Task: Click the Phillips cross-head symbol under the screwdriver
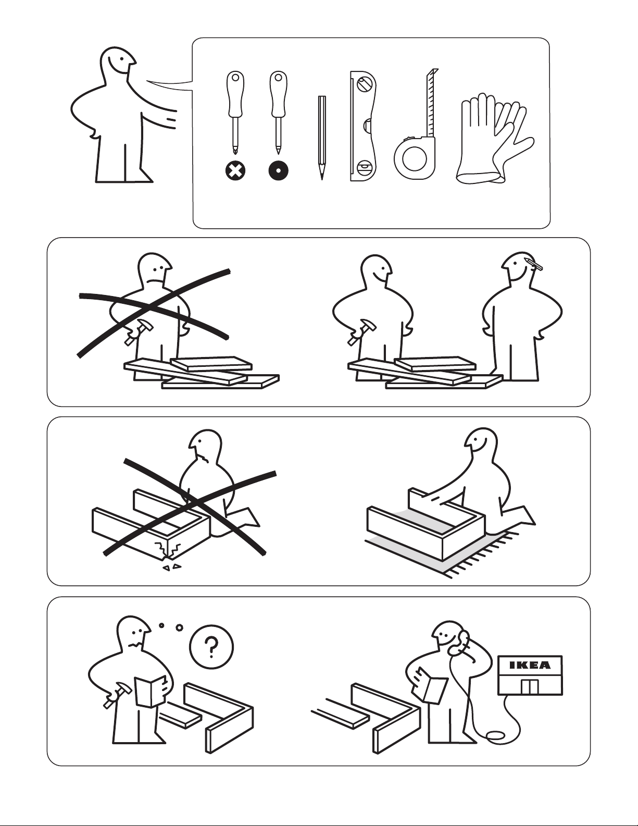coord(235,171)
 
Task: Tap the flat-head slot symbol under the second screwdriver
coord(278,171)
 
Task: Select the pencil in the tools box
coord(322,138)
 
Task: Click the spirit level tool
coord(364,126)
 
